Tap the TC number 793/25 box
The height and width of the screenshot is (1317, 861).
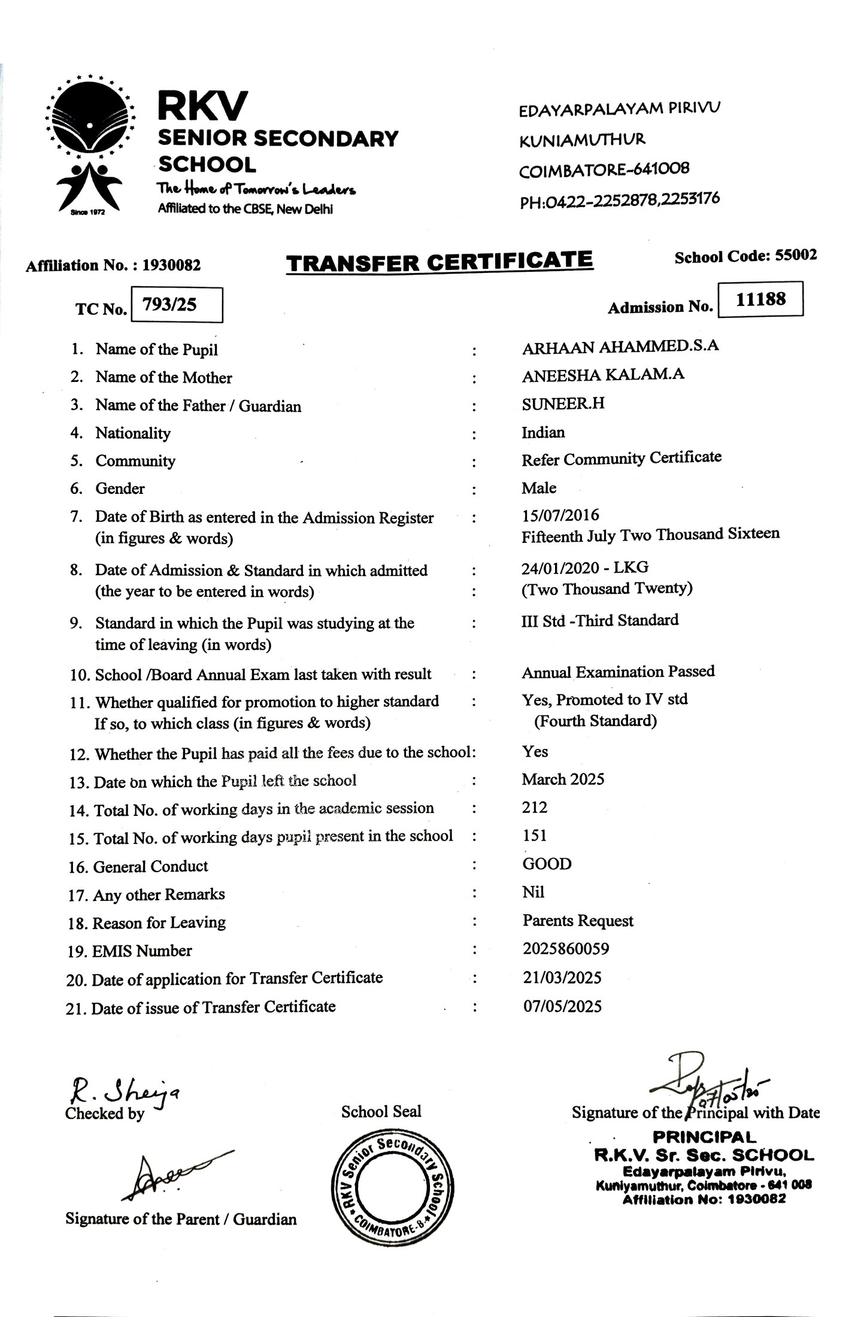click(x=177, y=305)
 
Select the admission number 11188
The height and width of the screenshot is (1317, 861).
click(x=760, y=299)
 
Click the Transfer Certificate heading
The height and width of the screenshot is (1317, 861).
click(x=439, y=262)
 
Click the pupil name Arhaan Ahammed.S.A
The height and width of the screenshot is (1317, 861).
click(x=620, y=347)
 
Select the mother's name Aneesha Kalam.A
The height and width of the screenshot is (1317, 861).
click(x=603, y=375)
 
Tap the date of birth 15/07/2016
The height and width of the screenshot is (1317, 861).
click(x=560, y=515)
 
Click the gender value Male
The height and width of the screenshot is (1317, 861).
click(x=539, y=488)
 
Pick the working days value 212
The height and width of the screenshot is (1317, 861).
click(x=535, y=808)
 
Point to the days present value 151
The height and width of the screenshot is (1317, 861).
click(x=535, y=836)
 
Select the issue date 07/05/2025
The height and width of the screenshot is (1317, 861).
click(x=562, y=1006)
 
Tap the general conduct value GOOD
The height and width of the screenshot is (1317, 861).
click(x=547, y=864)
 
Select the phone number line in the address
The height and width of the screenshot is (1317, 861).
click(x=620, y=200)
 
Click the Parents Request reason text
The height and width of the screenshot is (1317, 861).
click(x=578, y=921)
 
